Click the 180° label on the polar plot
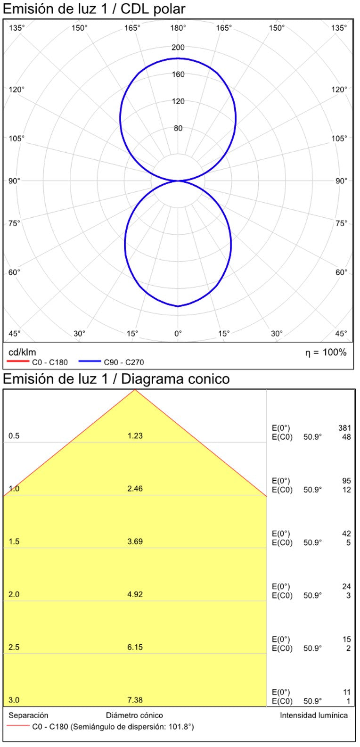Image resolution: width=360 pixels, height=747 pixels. click(x=178, y=28)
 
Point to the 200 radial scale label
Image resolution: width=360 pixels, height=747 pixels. click(x=178, y=47)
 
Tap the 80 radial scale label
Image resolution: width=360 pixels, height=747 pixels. click(x=178, y=128)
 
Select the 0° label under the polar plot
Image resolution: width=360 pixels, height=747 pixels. click(x=178, y=334)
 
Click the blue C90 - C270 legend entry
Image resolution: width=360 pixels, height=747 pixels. click(x=111, y=362)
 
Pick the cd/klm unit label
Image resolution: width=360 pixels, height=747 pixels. click(x=22, y=352)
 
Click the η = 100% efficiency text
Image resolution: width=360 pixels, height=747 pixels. click(x=326, y=353)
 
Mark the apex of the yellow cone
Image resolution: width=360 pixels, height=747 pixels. click(x=135, y=390)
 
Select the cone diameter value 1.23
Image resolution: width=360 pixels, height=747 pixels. click(x=135, y=436)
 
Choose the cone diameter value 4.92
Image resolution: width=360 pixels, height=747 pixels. click(x=135, y=594)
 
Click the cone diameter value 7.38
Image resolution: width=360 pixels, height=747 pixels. click(x=135, y=700)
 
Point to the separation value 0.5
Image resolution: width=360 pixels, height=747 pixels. click(x=14, y=436)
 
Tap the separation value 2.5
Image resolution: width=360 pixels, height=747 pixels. click(x=14, y=647)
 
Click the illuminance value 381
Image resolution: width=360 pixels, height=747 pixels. click(x=344, y=428)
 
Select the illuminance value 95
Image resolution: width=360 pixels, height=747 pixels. click(x=346, y=481)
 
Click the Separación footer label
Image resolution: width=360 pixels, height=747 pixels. click(x=28, y=715)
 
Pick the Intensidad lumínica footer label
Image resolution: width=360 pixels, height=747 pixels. click(x=314, y=715)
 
